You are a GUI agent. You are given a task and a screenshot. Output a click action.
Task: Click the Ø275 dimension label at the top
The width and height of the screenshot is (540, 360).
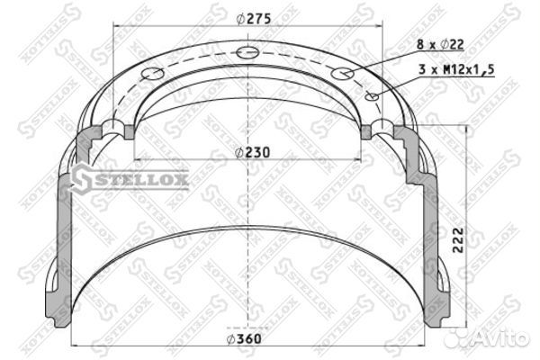pos(254,19)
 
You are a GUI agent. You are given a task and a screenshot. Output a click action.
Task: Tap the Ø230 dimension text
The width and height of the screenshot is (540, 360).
pos(252,152)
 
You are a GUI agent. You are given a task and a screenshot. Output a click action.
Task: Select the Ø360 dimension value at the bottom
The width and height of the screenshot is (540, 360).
pos(244,339)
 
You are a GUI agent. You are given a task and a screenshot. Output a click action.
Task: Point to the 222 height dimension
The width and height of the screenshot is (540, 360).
pos(458,240)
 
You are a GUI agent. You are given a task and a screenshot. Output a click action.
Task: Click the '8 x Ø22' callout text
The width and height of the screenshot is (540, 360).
pos(440,44)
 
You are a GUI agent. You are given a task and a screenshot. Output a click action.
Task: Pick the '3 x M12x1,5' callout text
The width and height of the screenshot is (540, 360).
pos(456,69)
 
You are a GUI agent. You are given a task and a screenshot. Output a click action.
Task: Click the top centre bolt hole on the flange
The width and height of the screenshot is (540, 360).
pos(247,52)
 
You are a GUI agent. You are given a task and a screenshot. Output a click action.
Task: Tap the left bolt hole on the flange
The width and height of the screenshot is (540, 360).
pos(152,74)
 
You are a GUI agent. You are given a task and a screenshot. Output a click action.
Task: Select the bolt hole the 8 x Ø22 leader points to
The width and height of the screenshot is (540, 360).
pos(342,73)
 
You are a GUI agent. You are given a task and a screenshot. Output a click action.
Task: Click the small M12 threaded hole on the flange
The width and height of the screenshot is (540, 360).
pos(373,97)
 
